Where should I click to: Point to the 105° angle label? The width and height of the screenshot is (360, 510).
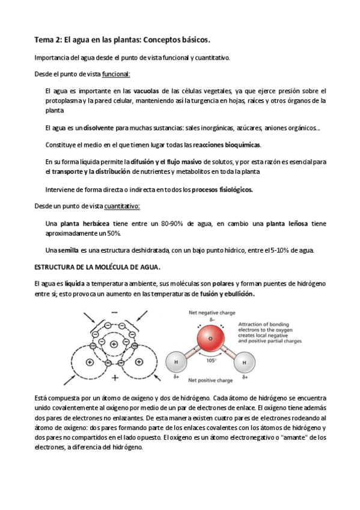point(211,361)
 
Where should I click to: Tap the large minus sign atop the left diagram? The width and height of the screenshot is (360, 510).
point(114,313)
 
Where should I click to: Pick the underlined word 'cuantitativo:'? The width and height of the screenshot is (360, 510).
point(122,206)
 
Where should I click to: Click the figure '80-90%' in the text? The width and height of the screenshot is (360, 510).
point(174,223)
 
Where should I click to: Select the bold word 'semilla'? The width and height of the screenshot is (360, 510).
point(66,250)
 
